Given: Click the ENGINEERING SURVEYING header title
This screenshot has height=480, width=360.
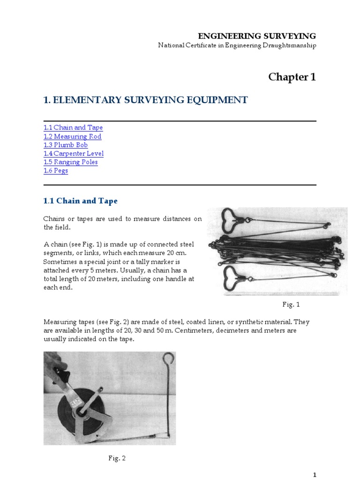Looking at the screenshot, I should (256, 36).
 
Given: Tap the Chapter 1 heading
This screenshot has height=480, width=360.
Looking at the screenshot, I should (292, 77).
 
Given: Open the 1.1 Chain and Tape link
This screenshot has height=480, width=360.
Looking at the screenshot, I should (73, 127).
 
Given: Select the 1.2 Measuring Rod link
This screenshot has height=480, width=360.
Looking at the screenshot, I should (72, 136).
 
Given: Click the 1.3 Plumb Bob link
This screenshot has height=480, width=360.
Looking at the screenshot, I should (66, 145).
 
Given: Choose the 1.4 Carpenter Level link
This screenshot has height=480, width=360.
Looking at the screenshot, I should (74, 153).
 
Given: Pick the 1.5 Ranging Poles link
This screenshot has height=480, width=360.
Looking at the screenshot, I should (70, 162).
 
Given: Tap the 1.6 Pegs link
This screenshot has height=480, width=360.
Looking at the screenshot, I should (56, 171).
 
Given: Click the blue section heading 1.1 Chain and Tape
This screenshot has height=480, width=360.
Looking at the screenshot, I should (80, 201).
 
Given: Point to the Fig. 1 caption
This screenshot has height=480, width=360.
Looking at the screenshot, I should (291, 305).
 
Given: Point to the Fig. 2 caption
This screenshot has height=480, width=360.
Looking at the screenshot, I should (117, 458).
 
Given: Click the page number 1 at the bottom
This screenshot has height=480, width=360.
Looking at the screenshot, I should (315, 474).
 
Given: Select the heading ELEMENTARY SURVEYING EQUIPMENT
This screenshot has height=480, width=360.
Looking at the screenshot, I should (145, 100).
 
